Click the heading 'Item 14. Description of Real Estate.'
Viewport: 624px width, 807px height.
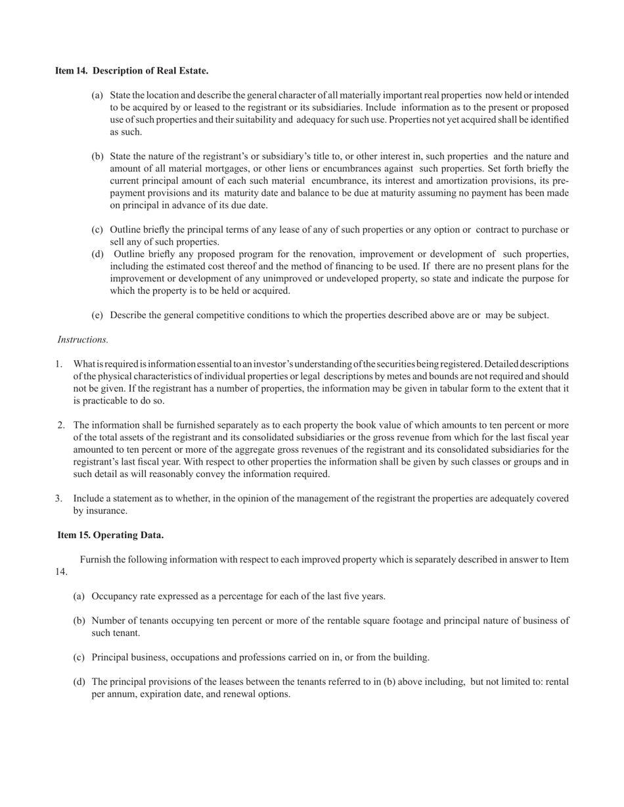click(x=131, y=70)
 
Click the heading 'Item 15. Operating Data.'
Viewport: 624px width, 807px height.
click(x=110, y=535)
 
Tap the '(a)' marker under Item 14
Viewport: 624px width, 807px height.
click(x=97, y=95)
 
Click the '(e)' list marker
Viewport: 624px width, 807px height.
click(x=97, y=315)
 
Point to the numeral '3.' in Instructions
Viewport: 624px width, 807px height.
click(x=59, y=499)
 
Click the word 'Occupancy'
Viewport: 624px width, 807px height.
click(x=113, y=596)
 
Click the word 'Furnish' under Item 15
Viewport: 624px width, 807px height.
click(x=96, y=560)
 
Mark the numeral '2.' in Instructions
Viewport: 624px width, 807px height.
click(x=61, y=425)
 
